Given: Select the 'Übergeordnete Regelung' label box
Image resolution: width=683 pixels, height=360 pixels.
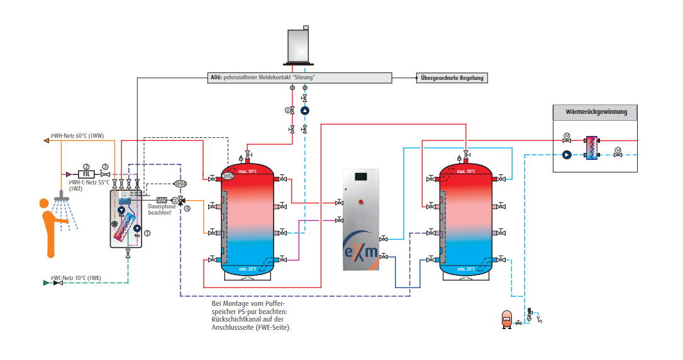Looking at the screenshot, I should point(453,78).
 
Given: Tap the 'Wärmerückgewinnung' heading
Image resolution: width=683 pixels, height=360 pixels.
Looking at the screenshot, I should point(594,113).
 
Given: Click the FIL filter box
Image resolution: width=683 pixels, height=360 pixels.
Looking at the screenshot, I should point(85,174).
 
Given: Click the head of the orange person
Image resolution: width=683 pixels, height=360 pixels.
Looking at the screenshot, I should point(44,204).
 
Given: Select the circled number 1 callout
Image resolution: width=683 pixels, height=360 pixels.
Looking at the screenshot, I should point(147,233).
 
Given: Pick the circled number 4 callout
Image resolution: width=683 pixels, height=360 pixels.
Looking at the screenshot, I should point(187,209).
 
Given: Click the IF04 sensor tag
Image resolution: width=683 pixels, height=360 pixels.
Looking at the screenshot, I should point(180,184).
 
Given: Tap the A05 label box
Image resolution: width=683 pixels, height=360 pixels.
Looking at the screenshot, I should point(162,200).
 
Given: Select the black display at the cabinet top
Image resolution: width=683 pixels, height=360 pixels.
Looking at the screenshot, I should point(361,177).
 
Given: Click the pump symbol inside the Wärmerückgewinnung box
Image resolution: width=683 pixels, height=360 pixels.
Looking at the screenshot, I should point(566,154).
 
